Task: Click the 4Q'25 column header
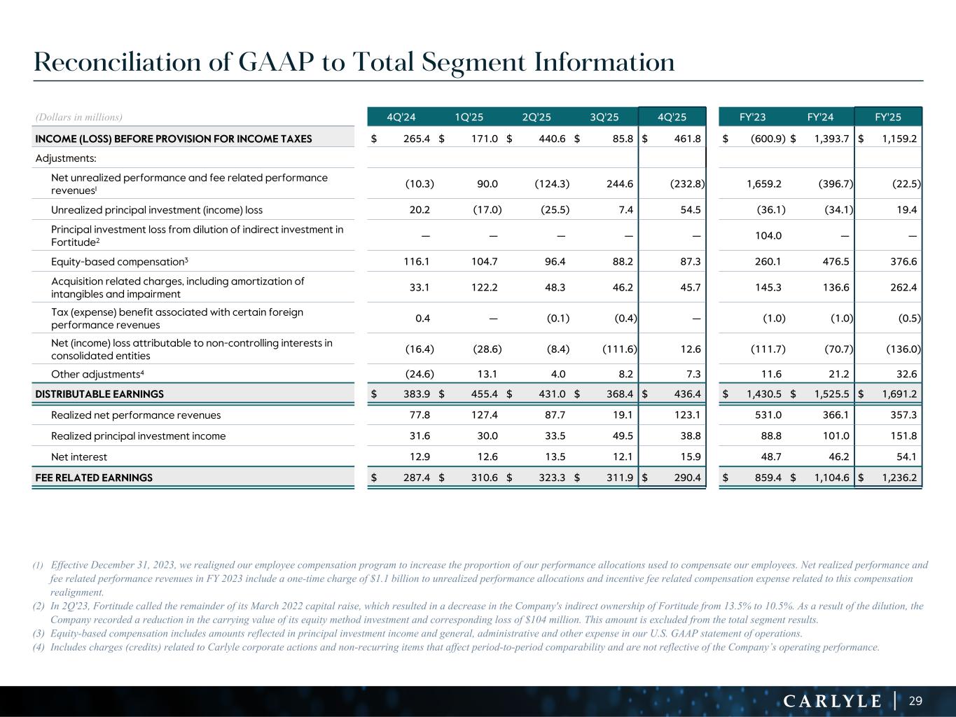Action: tap(672, 117)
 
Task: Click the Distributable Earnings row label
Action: tap(99, 394)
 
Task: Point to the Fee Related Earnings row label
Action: tap(94, 478)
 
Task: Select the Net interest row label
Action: tap(79, 457)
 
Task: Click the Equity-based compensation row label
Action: tap(120, 261)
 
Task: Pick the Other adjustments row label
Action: tap(97, 373)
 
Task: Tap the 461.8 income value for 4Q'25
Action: tap(687, 139)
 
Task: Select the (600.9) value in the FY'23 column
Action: tap(768, 139)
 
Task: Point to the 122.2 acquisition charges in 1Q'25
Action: tap(485, 287)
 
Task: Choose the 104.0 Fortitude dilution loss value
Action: tap(768, 235)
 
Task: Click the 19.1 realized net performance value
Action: tap(622, 415)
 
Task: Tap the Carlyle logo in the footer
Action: tap(832, 701)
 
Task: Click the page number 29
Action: tap(915, 701)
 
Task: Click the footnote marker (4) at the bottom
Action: tap(39, 647)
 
